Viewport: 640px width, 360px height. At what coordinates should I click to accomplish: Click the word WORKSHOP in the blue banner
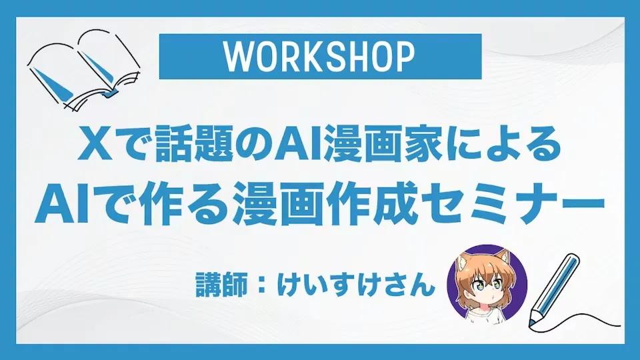(320, 57)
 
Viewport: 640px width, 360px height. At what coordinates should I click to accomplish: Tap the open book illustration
(84, 71)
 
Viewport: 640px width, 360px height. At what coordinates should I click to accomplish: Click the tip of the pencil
(531, 325)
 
